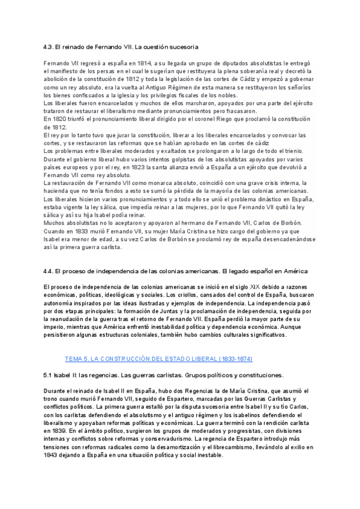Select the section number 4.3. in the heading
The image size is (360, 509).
click(x=50, y=46)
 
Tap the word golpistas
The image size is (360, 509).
click(x=164, y=159)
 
